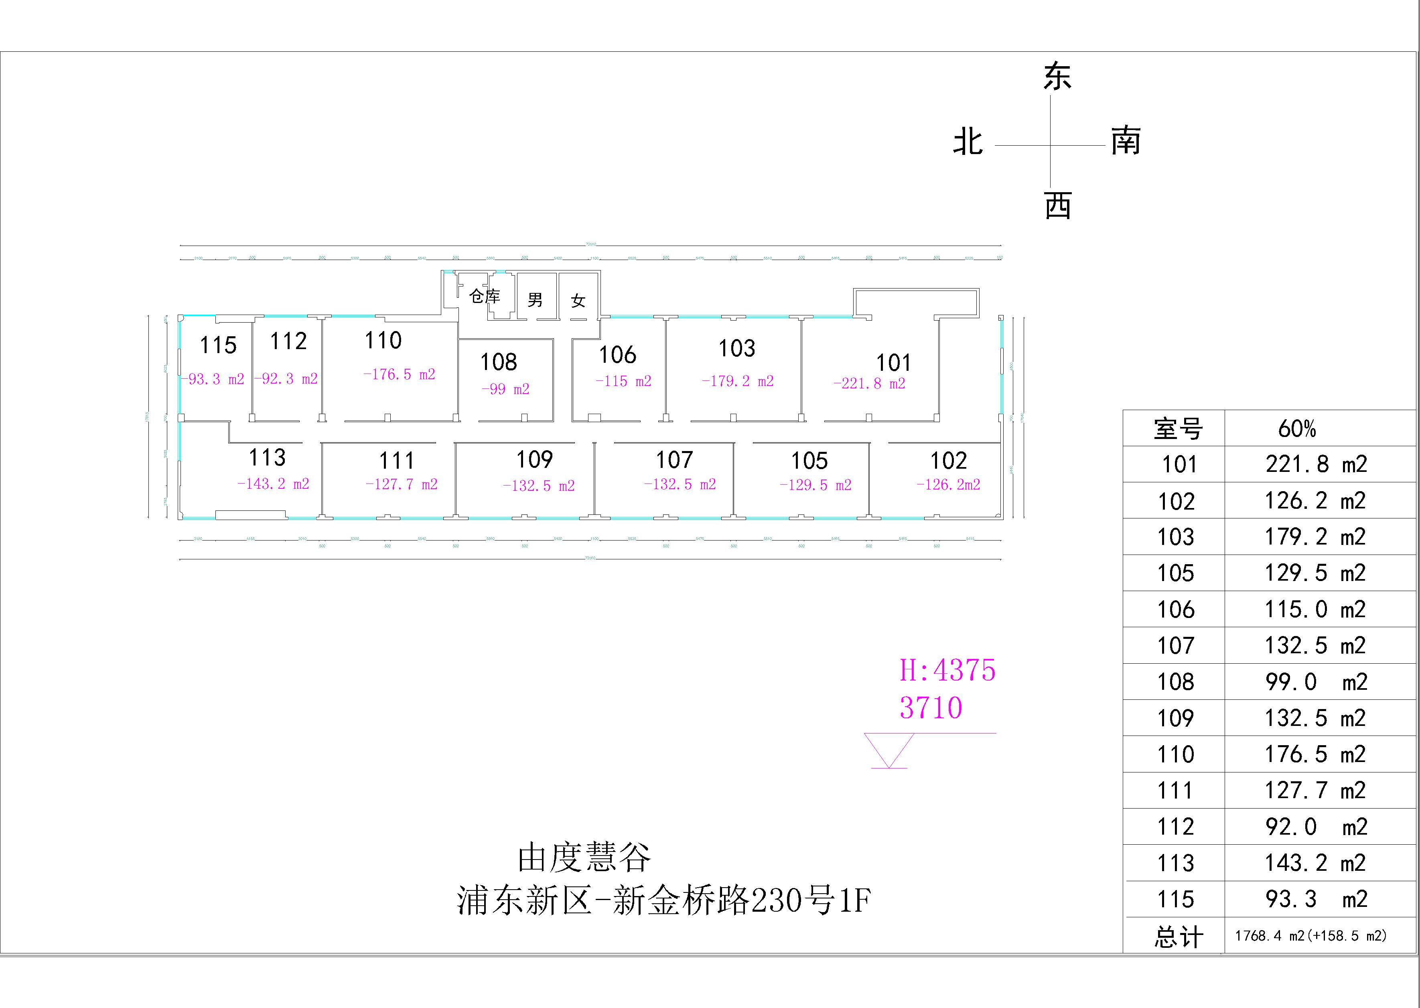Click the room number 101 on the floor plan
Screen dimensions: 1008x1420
pyautogui.click(x=893, y=362)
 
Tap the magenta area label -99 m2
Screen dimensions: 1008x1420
pyautogui.click(x=505, y=389)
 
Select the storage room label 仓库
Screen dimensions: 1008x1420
pyautogui.click(x=485, y=296)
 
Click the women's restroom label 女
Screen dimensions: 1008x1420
pyautogui.click(x=578, y=301)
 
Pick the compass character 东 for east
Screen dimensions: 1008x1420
pyautogui.click(x=1057, y=77)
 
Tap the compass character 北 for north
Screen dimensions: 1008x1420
pyautogui.click(x=968, y=142)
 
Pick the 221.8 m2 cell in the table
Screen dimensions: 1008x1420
pyautogui.click(x=1316, y=464)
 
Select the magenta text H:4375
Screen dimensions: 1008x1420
pyautogui.click(x=947, y=671)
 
